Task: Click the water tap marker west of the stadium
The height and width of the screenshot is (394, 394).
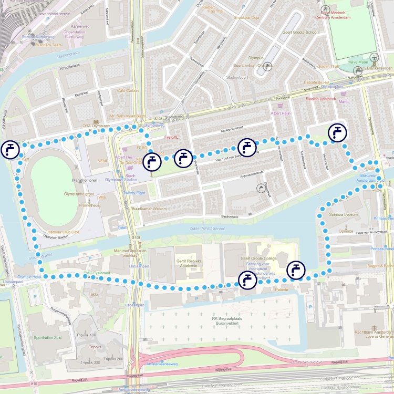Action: point(9,150)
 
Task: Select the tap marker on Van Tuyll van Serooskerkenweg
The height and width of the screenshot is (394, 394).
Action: point(246,148)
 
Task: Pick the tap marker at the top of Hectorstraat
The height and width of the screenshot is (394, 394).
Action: point(337,132)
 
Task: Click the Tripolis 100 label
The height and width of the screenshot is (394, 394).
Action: point(86,335)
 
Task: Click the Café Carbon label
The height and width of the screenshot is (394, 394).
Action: point(128,90)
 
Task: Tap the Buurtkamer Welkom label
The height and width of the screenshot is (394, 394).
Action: point(148,208)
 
